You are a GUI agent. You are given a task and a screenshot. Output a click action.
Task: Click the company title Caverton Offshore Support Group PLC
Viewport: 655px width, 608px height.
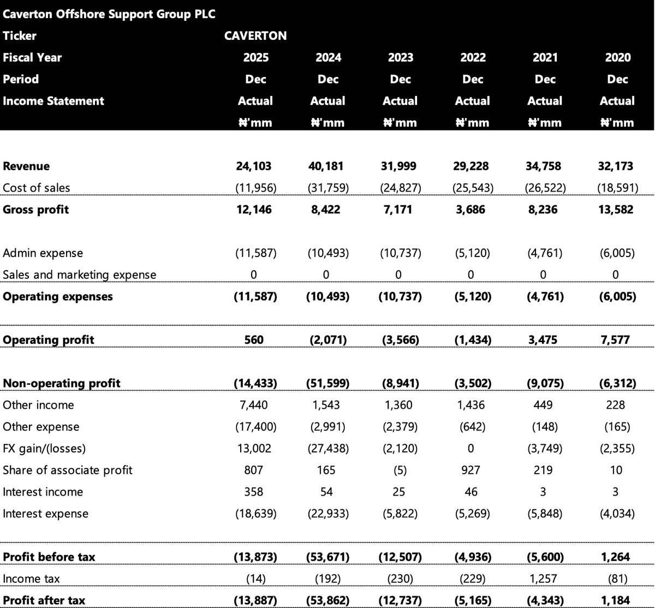(x=109, y=14)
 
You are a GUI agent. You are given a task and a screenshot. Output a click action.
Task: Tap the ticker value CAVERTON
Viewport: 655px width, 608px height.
(x=255, y=35)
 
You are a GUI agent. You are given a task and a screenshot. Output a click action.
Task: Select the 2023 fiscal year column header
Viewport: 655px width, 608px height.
(x=401, y=57)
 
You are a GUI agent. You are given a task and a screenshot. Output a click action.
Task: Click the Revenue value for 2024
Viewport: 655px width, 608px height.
(x=326, y=166)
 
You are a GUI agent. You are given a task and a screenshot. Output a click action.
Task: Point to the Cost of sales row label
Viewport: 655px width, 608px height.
(x=36, y=188)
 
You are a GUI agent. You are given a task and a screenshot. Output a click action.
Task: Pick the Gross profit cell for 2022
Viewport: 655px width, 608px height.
(x=471, y=210)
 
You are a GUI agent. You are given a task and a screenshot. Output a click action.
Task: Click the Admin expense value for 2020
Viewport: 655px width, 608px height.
(x=617, y=253)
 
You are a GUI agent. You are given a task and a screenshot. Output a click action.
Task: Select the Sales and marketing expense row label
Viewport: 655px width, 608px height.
(x=79, y=275)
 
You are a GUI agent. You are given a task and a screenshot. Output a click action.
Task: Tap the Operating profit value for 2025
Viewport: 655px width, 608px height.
(x=254, y=340)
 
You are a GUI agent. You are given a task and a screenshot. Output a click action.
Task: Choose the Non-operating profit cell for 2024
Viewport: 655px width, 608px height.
(x=328, y=383)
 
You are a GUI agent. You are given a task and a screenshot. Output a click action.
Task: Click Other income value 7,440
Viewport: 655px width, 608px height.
(x=254, y=405)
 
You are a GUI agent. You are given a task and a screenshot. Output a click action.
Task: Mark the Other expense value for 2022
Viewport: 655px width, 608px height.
(x=473, y=427)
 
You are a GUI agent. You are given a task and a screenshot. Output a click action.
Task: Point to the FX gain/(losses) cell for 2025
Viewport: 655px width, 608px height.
(x=254, y=448)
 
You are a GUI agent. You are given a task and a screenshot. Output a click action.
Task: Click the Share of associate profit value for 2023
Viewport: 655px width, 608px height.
(x=400, y=470)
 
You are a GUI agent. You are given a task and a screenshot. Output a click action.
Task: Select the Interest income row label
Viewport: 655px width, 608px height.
(x=43, y=492)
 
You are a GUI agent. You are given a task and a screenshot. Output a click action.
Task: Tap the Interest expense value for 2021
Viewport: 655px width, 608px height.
(x=545, y=514)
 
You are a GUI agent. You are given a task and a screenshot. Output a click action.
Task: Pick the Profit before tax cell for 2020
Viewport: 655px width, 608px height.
(x=615, y=557)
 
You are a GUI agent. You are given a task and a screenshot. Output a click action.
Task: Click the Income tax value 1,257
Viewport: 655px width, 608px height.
(x=543, y=579)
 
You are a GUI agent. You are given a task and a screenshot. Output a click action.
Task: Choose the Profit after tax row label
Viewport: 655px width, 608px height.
(x=44, y=600)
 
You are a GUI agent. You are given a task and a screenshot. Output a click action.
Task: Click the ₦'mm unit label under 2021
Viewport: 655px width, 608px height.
(x=545, y=123)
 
